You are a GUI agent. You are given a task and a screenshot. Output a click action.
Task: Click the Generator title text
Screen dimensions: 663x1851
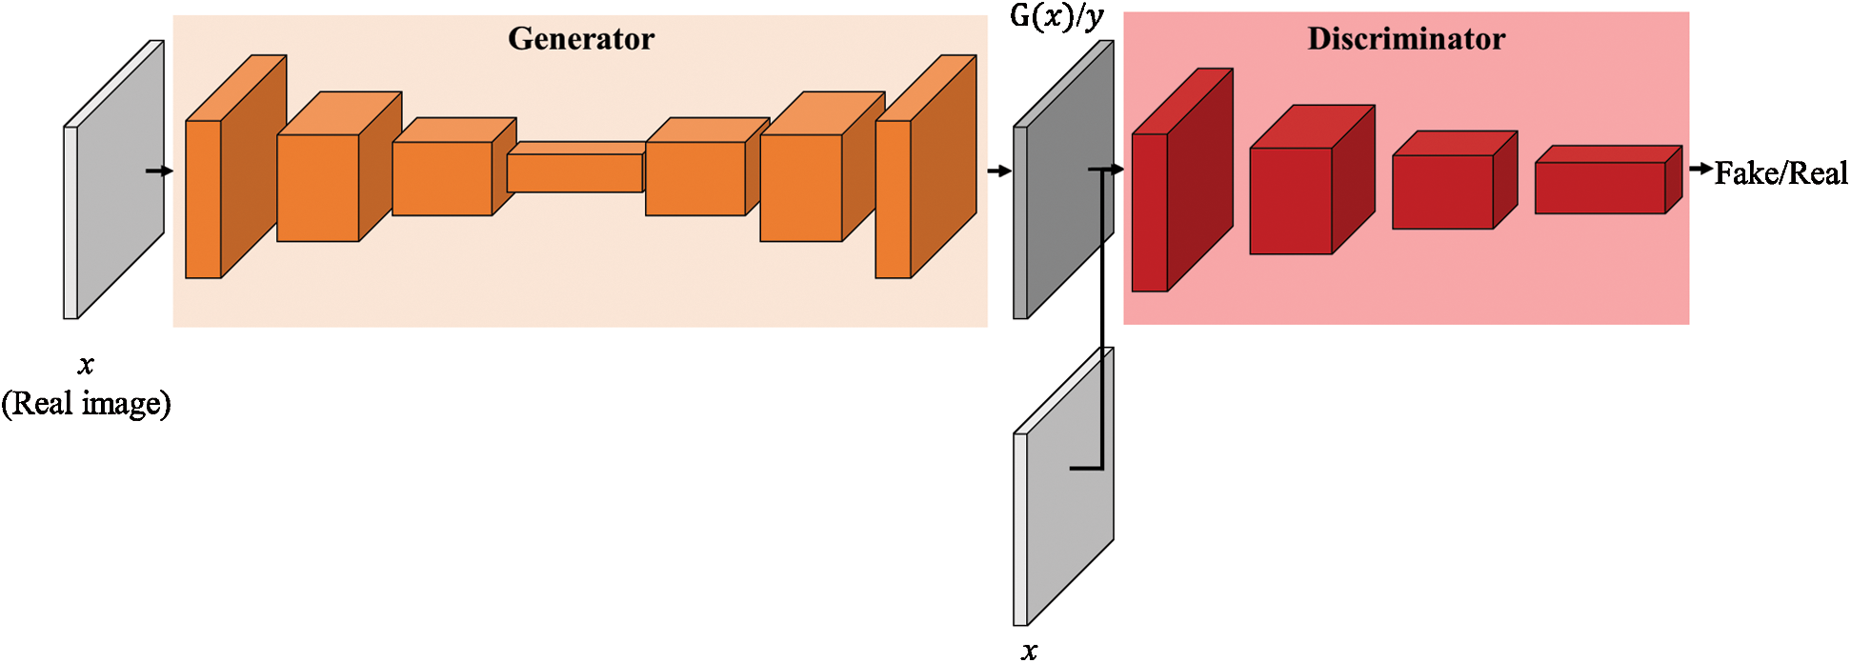(581, 39)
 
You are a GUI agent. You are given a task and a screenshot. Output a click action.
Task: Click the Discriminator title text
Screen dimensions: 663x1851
(1406, 39)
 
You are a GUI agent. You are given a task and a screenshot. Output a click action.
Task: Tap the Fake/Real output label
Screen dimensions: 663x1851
(1781, 173)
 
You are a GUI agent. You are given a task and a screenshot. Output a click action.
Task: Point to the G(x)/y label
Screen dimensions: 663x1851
(1056, 17)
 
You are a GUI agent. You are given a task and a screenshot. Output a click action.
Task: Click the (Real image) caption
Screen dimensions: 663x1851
(86, 404)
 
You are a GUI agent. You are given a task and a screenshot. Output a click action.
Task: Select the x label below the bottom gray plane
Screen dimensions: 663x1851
(1029, 652)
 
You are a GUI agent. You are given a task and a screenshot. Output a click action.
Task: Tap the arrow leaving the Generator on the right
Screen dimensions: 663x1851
(999, 171)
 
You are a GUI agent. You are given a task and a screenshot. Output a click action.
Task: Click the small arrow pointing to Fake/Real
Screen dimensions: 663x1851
(1700, 170)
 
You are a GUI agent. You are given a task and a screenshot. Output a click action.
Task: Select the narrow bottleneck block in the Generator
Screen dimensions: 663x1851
(574, 171)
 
